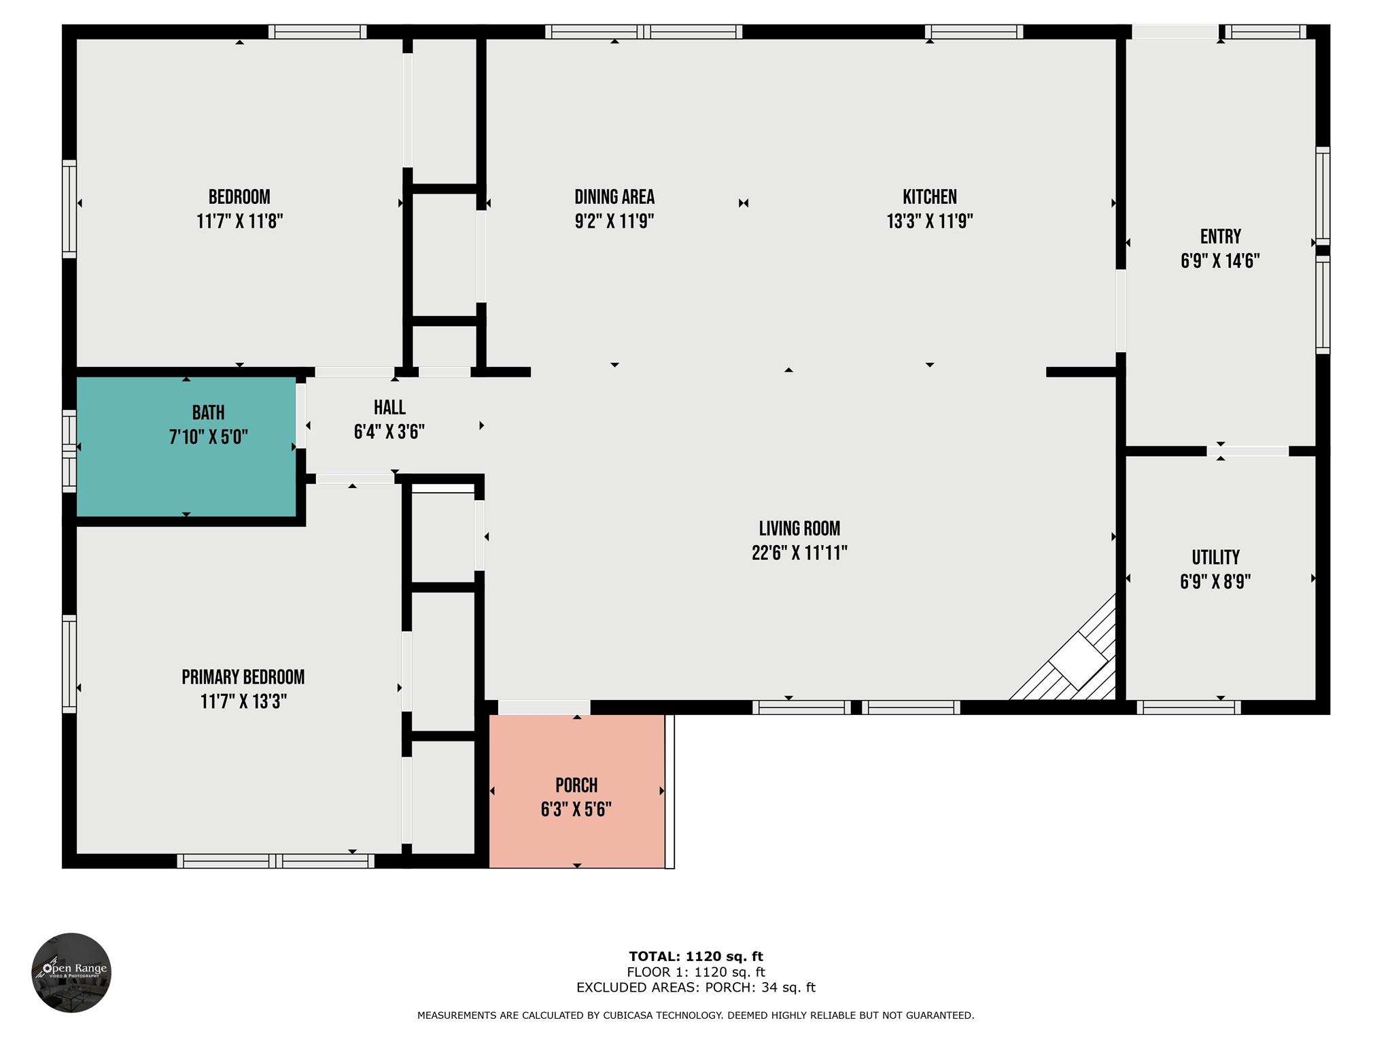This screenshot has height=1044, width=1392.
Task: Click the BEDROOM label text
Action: [x=239, y=197]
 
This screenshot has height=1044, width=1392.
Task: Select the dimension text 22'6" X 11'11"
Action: [x=799, y=553]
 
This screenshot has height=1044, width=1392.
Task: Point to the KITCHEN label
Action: [x=929, y=197]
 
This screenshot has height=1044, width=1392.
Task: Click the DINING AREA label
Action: [x=614, y=197]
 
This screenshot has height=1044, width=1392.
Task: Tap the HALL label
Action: [x=389, y=408]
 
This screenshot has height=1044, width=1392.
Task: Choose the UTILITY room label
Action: [x=1215, y=557]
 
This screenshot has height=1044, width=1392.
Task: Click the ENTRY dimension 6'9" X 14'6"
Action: [x=1220, y=261]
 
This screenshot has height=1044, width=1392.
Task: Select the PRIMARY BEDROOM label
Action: [x=243, y=677]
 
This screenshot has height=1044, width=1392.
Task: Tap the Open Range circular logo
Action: [x=71, y=973]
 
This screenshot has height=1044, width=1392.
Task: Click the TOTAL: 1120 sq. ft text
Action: [x=696, y=956]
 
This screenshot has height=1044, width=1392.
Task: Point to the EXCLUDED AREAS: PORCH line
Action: [x=696, y=988]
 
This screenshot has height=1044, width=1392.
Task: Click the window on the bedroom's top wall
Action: [x=317, y=31]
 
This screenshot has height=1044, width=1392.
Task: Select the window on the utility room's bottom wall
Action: [x=1188, y=708]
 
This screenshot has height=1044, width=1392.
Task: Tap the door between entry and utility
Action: [x=1248, y=451]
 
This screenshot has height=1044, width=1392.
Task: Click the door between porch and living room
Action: [x=544, y=708]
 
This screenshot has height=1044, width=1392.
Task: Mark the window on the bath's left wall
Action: [x=69, y=451]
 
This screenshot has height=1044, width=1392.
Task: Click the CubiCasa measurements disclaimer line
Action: [x=696, y=1015]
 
